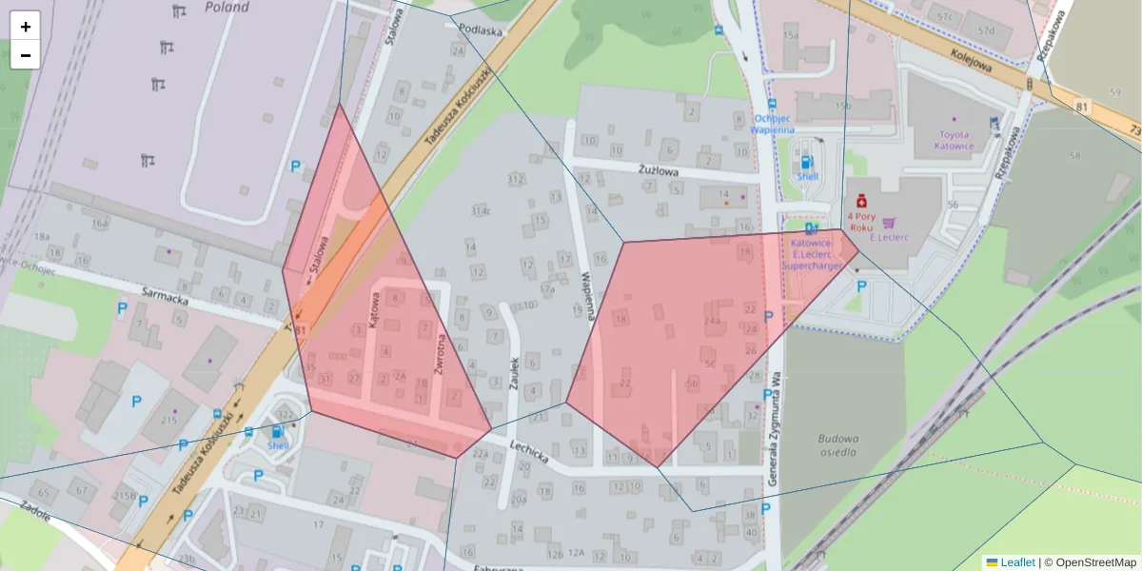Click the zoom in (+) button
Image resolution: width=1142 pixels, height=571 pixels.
[x=26, y=27]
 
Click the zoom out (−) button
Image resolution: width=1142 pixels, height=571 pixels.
[x=26, y=55]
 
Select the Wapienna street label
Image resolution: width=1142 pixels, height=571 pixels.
[x=589, y=295]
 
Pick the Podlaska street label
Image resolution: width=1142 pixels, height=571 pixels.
[x=480, y=30]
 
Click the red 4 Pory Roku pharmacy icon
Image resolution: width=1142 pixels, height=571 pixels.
[x=861, y=202]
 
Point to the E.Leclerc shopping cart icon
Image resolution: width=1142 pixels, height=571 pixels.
[x=889, y=221]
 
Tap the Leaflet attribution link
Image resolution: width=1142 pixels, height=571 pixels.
[x=1017, y=562]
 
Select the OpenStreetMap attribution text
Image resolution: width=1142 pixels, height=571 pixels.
[x=1093, y=562]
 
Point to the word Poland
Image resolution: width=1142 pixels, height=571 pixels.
[x=226, y=8]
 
